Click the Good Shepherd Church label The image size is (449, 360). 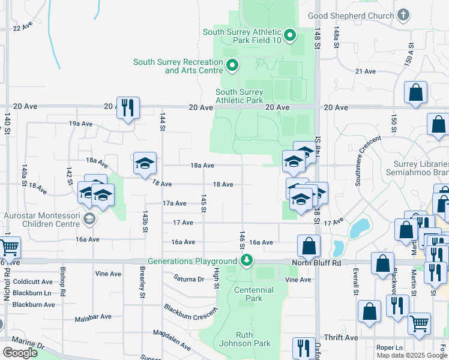pos(351,16)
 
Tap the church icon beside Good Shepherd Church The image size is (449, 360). pos(403,14)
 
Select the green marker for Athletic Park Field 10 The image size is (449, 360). pos(290,36)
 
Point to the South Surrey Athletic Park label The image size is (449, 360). pos(239,96)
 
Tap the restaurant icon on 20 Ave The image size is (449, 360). pos(128,108)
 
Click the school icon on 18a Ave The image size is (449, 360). pos(145,163)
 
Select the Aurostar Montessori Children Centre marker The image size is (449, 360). pos(89,218)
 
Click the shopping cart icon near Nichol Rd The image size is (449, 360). pos(8,247)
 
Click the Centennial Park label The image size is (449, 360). pos(254,294)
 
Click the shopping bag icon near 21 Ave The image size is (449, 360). pos(415,93)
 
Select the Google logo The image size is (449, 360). pos(20,353)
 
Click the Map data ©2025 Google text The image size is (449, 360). pos(412,355)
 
